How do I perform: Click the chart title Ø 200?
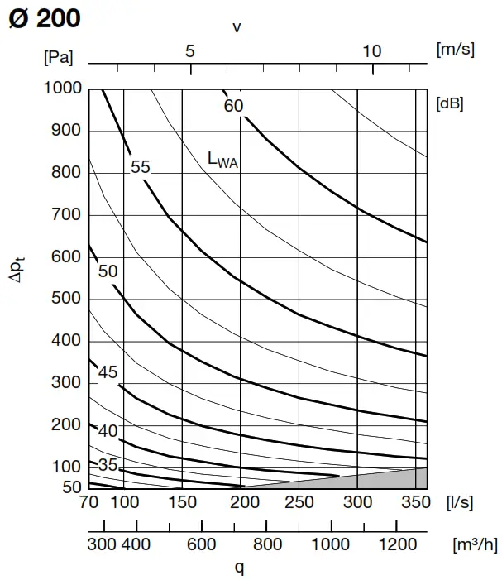pyautogui.click(x=45, y=18)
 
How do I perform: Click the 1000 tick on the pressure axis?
pyautogui.click(x=61, y=88)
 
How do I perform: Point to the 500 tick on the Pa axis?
pyautogui.click(x=65, y=299)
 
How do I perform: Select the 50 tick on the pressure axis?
pyautogui.click(x=71, y=487)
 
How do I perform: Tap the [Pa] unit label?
pyautogui.click(x=58, y=57)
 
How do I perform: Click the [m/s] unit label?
pyautogui.click(x=455, y=49)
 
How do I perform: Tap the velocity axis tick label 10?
pyautogui.click(x=371, y=51)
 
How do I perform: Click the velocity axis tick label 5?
pyautogui.click(x=190, y=51)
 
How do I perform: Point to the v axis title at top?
pyautogui.click(x=237, y=27)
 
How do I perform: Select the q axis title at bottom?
pyautogui.click(x=240, y=567)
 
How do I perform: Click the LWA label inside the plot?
pyautogui.click(x=222, y=160)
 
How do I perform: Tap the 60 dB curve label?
pyautogui.click(x=233, y=106)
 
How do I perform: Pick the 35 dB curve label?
pyautogui.click(x=108, y=464)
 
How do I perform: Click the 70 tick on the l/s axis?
pyautogui.click(x=88, y=502)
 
